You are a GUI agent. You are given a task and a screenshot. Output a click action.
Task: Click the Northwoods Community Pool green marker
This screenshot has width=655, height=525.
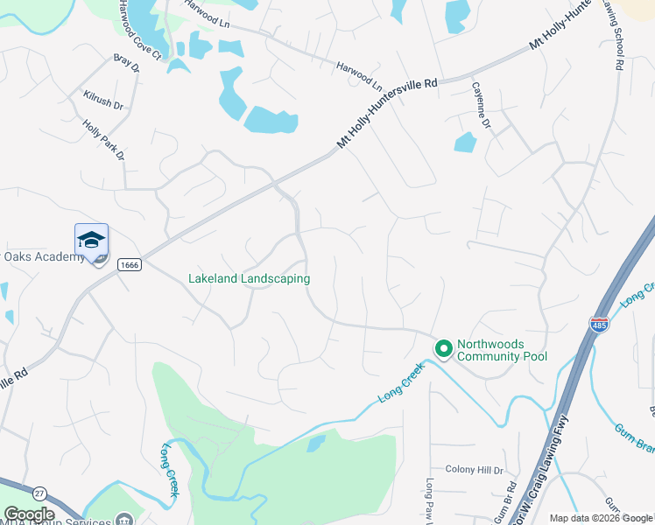(443, 349)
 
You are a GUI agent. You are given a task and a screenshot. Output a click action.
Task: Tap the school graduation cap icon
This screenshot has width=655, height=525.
(91, 240)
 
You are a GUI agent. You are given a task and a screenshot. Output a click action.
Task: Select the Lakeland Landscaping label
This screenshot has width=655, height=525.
(250, 279)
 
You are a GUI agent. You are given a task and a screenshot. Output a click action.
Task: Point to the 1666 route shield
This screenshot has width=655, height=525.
(130, 265)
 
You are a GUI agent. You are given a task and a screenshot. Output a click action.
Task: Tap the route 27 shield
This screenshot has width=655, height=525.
(39, 493)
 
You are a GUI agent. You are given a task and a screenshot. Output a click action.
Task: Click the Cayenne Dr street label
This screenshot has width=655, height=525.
(482, 105)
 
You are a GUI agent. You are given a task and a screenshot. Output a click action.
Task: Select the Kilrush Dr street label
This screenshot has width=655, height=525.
(103, 101)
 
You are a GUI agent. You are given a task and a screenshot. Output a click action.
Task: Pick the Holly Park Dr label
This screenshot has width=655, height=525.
(104, 141)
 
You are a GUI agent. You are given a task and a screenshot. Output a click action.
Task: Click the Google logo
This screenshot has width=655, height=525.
(29, 514)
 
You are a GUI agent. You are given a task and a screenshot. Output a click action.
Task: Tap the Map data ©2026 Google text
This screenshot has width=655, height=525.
(601, 518)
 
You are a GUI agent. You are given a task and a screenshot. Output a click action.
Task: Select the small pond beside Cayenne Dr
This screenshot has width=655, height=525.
(465, 142)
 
